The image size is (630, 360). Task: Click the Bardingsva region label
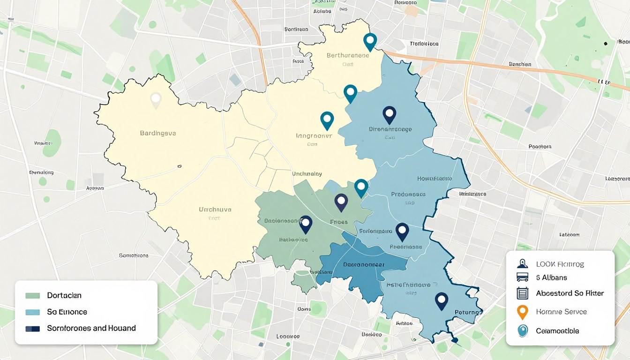pos(158,133)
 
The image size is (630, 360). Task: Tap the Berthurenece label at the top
pos(347,55)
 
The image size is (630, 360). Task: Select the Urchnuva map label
pos(215,210)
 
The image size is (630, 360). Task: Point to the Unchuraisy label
pos(307,173)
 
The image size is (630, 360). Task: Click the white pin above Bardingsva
pos(156,100)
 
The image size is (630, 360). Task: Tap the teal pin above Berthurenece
pos(370,42)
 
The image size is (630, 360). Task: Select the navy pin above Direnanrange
pos(389,114)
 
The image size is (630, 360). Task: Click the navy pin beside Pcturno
pos(441,300)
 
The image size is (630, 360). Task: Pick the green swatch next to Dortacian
pos(33,296)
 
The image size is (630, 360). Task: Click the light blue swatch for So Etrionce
pos(33,312)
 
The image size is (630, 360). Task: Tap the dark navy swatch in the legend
pos(33,329)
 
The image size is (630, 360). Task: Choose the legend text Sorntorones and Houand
pos(91,328)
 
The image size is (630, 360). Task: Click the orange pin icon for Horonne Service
pos(522,312)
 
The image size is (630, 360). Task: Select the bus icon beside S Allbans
pos(522,277)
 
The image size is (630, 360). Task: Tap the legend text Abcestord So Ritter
pos(570,293)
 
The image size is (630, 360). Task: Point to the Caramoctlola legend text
pos(557,331)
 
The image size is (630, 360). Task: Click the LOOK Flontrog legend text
pos(560,264)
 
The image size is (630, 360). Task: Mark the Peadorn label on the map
pos(540,147)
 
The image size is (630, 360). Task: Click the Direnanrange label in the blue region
pos(390,129)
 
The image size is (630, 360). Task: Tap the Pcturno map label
pos(468,312)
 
